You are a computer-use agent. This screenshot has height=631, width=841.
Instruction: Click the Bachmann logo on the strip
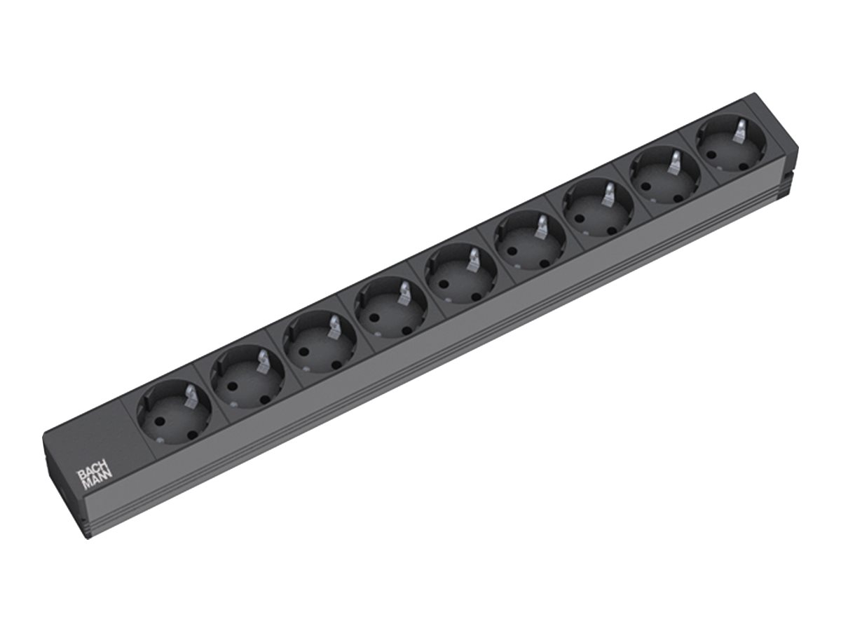(95, 480)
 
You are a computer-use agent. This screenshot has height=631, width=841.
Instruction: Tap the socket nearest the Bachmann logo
(174, 412)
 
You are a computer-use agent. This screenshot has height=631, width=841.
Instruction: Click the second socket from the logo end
(247, 376)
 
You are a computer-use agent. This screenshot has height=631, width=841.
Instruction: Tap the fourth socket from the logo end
(391, 308)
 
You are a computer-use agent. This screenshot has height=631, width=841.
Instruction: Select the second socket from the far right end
(665, 176)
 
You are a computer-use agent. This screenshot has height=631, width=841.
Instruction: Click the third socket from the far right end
(598, 208)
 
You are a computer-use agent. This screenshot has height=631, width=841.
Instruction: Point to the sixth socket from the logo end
(529, 241)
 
